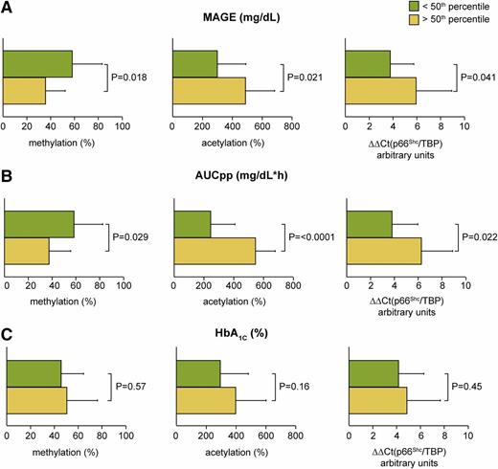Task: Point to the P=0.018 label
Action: (x=130, y=77)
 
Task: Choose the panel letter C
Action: (x=8, y=334)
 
